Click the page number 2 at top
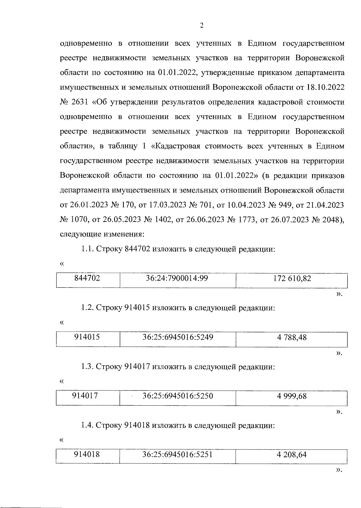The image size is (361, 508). pyautogui.click(x=202, y=26)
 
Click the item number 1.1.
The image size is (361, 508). pyautogui.click(x=87, y=249)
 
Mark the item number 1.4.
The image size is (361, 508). pyautogui.click(x=87, y=425)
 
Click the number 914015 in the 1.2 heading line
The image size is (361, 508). pyautogui.click(x=137, y=308)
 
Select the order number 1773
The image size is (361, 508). pyautogui.click(x=246, y=220)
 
